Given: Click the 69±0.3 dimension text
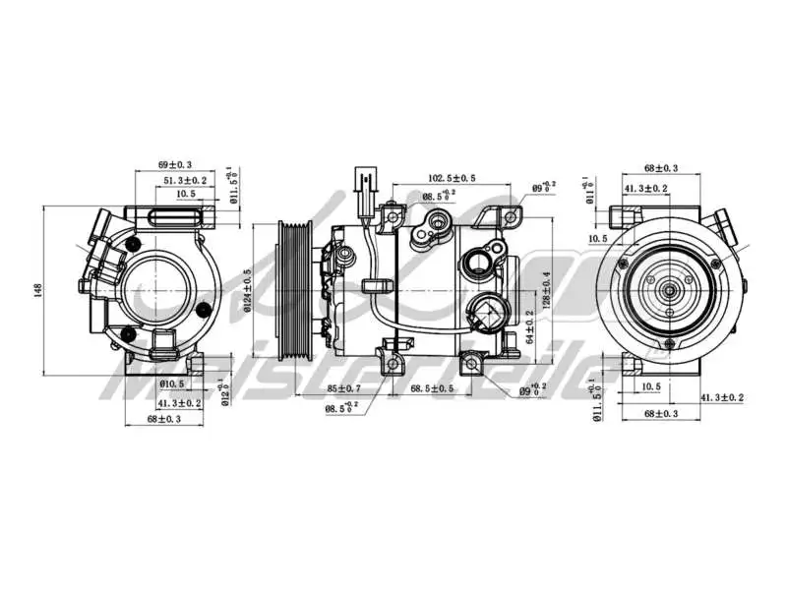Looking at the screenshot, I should coord(175,164).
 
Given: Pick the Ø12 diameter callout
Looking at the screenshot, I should coord(225,392).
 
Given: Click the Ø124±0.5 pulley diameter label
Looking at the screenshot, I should coord(248,292).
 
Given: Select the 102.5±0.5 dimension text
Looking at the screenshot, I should coord(452,178).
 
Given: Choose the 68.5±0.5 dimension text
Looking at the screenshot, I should coord(432,389).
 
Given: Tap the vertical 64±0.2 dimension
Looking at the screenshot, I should coord(530,325).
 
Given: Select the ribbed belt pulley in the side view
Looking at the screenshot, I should coord(293,291).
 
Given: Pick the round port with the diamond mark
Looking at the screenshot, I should coord(488,316).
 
